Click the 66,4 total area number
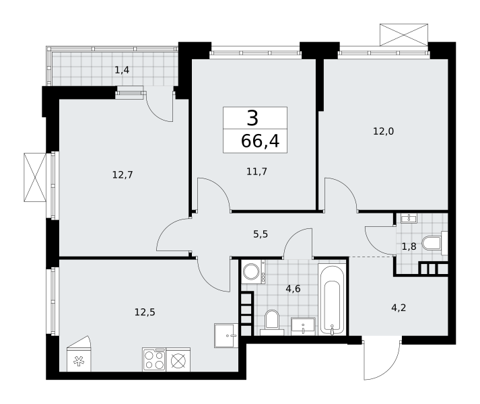(261, 141)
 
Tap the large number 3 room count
(252, 119)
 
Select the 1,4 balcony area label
(122, 70)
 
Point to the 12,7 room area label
(123, 175)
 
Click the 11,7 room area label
(256, 171)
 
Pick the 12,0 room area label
(383, 131)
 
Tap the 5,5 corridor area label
(261, 234)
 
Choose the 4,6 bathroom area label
(293, 289)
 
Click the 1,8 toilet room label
(409, 246)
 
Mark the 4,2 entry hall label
(399, 308)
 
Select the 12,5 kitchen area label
(145, 312)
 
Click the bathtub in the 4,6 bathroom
(331, 300)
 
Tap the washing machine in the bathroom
(253, 271)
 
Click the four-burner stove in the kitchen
(154, 360)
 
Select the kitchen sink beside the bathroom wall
(226, 335)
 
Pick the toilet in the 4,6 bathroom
(272, 323)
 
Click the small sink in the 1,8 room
(409, 218)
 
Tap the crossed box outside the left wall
(35, 177)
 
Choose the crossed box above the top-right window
(404, 34)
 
